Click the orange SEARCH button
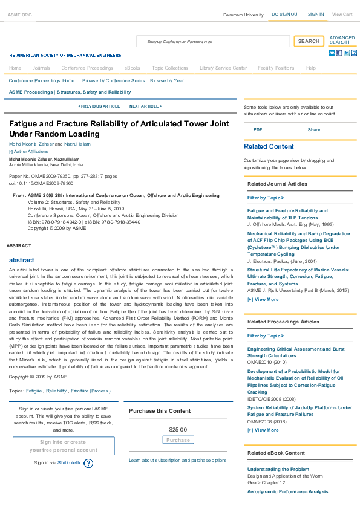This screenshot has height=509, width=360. tap(309, 41)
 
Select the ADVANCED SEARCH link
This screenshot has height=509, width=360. tap(342, 40)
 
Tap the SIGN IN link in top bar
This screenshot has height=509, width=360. tap(315, 14)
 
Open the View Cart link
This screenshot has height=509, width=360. tap(342, 14)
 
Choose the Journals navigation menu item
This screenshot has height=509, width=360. tap(41, 68)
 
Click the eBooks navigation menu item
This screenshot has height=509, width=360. tap(132, 68)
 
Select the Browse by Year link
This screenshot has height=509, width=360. tap(167, 80)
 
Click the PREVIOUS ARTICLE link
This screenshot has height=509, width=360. tap(99, 106)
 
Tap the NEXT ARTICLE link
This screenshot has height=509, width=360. tap(145, 106)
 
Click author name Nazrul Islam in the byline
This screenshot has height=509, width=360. tap(77, 144)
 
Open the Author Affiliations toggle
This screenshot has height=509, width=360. tap(28, 151)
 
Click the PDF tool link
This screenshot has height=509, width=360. tap(258, 129)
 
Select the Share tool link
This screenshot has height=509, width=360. tap(314, 129)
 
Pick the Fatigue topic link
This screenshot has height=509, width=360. tap(34, 391)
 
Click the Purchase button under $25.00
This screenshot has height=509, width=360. tap(178, 440)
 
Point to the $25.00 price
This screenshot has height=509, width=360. tap(178, 430)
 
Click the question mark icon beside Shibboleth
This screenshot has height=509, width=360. tap(88, 463)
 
